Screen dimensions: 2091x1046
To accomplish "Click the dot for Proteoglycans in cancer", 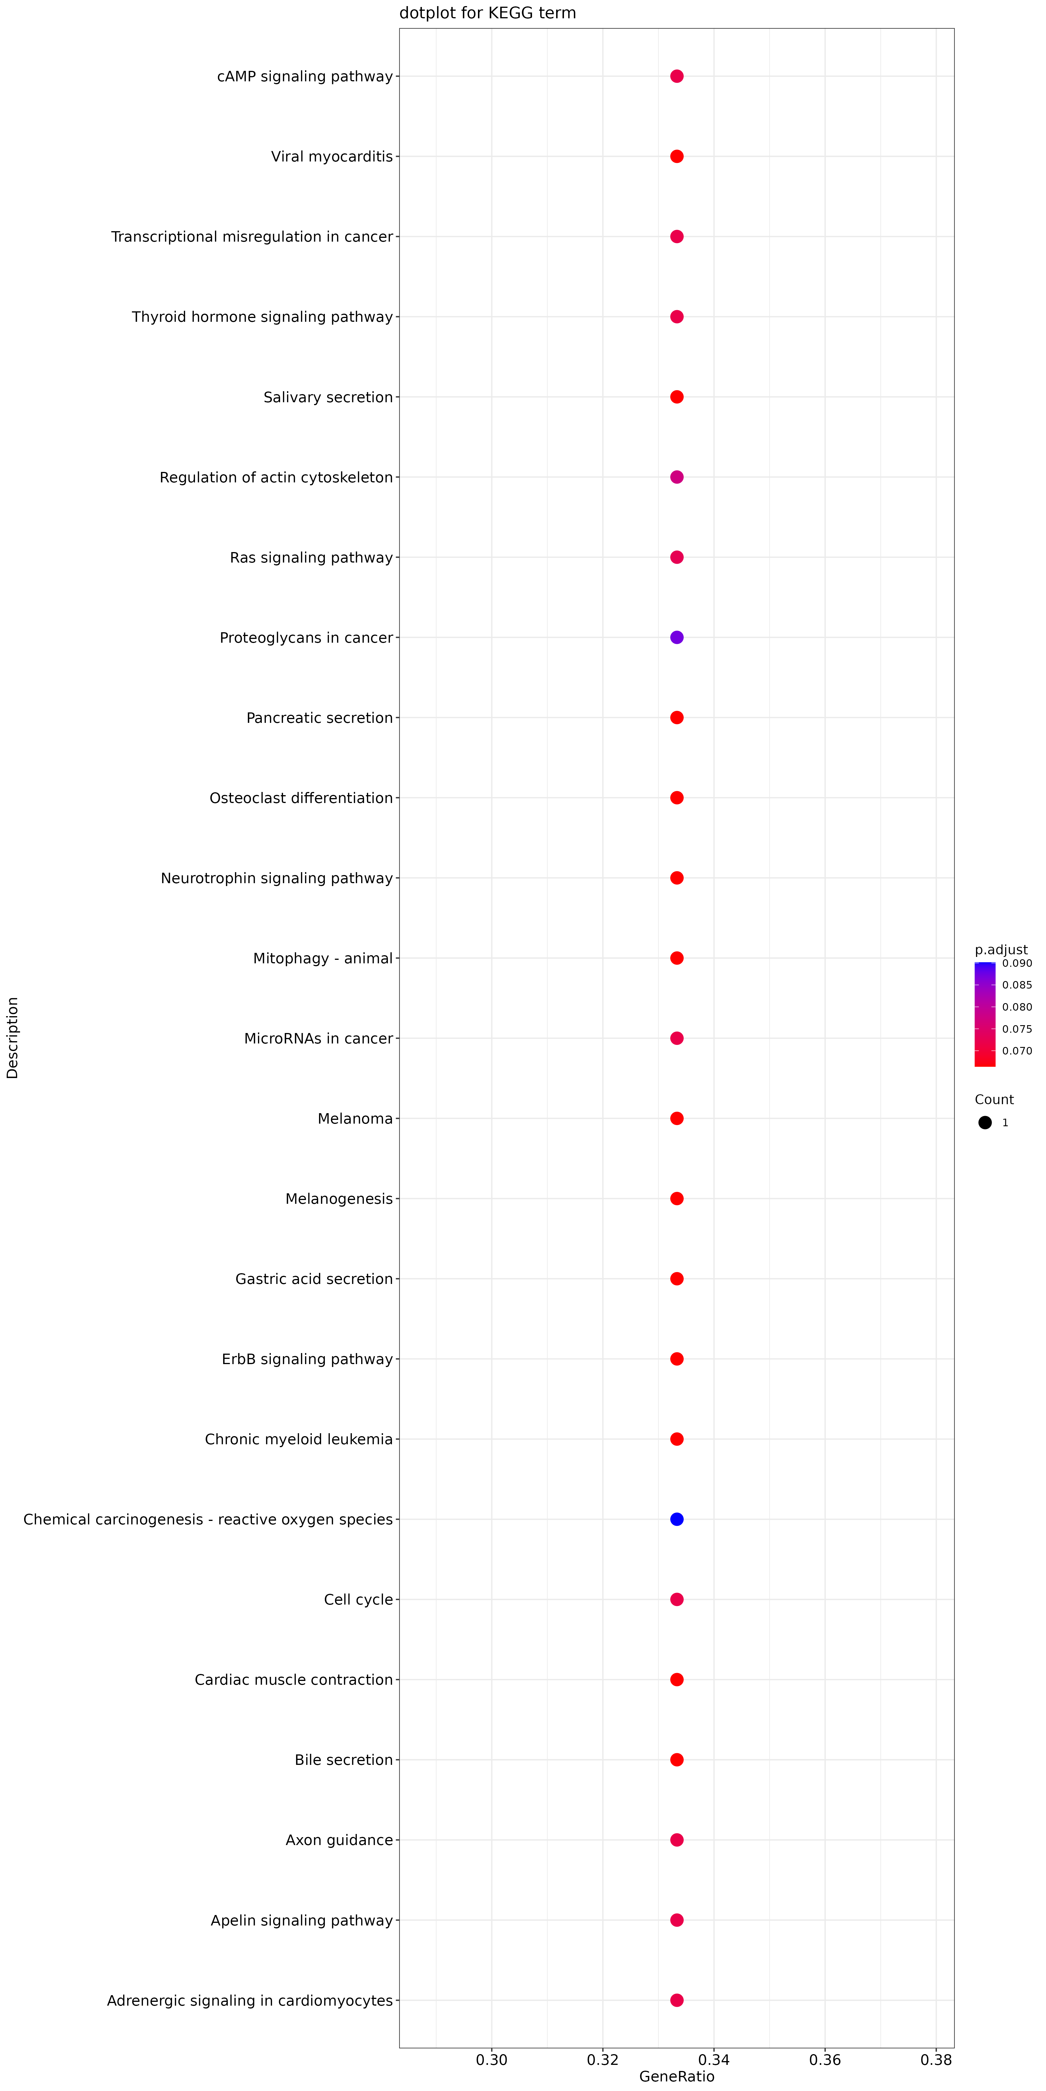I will pos(676,637).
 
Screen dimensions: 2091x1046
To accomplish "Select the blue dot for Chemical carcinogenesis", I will pos(676,1519).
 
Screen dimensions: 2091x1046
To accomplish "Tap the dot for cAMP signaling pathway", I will pos(676,76).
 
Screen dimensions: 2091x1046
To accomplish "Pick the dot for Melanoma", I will pos(676,1119).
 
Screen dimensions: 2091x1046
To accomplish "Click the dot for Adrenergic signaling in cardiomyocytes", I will pos(676,2000).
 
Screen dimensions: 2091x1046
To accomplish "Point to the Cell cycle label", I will pos(358,1599).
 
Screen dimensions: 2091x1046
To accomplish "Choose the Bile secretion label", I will pos(343,1760).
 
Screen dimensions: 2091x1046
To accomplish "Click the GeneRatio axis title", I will pos(676,2076).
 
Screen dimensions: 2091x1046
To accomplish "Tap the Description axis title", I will pos(12,1037).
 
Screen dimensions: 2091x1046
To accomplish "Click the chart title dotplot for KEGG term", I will pos(487,13).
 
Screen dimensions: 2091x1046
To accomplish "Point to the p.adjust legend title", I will pos(1000,950).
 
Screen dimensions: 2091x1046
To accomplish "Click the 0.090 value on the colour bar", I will pos(1017,964).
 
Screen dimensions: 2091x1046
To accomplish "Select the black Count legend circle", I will pos(985,1123).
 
